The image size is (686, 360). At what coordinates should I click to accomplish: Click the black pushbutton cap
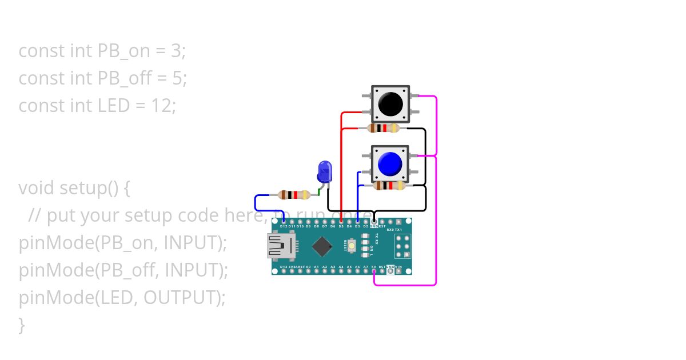[390, 104]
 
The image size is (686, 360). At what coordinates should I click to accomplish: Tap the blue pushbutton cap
[390, 164]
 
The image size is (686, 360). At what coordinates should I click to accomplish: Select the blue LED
[324, 171]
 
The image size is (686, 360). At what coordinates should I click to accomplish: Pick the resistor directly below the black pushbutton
[384, 128]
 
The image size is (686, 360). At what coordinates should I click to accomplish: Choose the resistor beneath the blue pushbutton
[389, 186]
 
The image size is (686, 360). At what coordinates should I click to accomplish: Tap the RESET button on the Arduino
[352, 246]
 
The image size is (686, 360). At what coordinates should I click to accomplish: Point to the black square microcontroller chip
[323, 246]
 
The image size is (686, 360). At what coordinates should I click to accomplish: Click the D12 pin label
[284, 226]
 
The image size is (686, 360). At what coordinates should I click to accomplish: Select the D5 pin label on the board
[341, 226]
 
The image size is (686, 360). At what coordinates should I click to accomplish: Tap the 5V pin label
[374, 266]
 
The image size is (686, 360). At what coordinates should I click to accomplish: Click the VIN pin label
[398, 266]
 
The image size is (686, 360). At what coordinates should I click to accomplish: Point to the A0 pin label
[309, 266]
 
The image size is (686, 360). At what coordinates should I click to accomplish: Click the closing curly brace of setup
[22, 325]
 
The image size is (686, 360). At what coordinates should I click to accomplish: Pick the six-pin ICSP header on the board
[402, 246]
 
